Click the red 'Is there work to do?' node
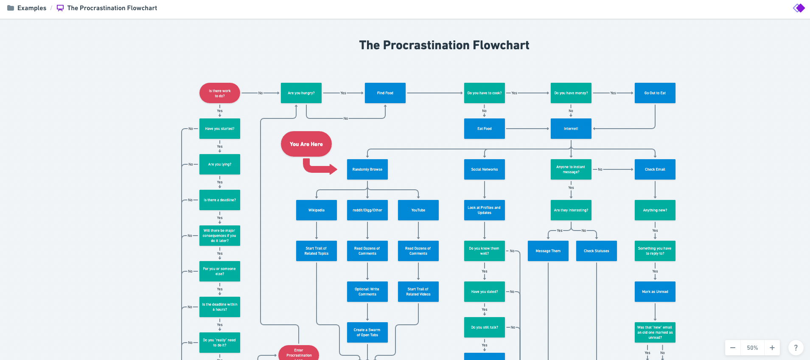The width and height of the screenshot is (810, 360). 220,93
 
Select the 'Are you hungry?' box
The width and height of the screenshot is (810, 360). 301,93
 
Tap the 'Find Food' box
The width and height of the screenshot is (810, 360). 385,93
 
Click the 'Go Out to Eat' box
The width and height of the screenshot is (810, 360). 655,93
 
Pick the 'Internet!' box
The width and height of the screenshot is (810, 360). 571,129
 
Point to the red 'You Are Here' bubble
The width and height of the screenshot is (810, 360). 306,144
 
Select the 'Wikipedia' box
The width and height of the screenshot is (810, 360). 317,210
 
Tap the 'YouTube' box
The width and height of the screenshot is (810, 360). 418,210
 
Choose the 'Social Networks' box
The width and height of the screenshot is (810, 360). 485,169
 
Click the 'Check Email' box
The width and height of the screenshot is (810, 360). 655,169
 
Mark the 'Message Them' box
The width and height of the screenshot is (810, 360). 548,251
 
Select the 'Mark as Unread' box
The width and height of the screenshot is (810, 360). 655,292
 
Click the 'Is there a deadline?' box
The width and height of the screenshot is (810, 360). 220,200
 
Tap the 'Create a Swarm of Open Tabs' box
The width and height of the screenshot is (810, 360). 367,332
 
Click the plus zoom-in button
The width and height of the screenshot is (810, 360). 772,348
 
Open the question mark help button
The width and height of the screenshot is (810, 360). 796,348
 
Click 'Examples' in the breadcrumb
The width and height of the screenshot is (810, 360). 31,8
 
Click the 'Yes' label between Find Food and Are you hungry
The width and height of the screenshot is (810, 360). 343,93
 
